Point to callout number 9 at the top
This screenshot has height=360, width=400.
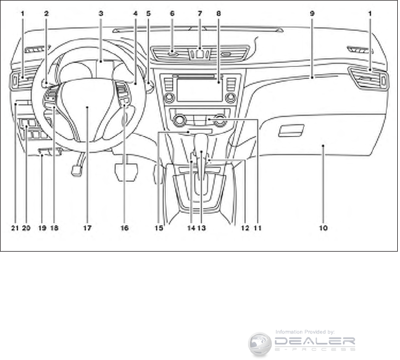(x=312, y=12)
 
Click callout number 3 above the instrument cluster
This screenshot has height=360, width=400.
(x=101, y=12)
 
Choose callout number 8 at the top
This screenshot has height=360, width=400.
(x=219, y=12)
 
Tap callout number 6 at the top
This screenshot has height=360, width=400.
(x=172, y=12)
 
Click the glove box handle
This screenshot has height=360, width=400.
(x=291, y=131)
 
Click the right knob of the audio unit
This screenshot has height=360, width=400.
(x=230, y=98)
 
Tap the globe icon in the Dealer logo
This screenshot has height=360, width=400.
(x=260, y=343)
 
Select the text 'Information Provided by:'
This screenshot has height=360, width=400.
(x=305, y=332)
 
